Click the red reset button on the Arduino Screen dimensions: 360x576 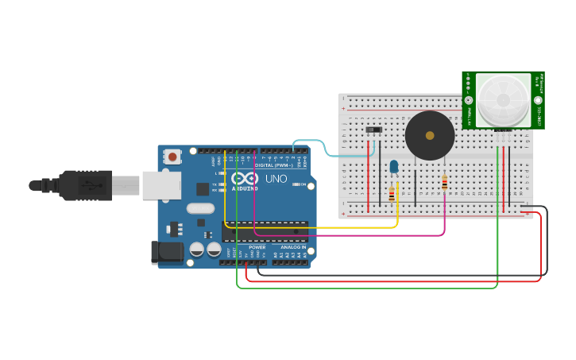[x=172, y=157]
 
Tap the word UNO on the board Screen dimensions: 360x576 [x=276, y=179]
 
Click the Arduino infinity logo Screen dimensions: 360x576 [x=245, y=178]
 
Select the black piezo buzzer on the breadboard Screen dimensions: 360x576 [x=430, y=136]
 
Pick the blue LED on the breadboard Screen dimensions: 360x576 [x=394, y=166]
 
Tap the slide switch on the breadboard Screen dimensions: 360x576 [x=373, y=130]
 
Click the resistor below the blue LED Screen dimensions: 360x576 [x=391, y=195]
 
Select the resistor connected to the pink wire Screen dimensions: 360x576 [x=444, y=184]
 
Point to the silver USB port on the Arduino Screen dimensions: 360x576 [x=161, y=185]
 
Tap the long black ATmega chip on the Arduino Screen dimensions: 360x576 [x=265, y=231]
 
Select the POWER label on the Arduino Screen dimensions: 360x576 [x=257, y=247]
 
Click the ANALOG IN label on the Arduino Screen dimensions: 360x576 [x=291, y=247]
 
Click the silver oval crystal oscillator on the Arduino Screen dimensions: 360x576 [x=201, y=209]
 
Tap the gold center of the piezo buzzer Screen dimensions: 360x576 [x=430, y=136]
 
